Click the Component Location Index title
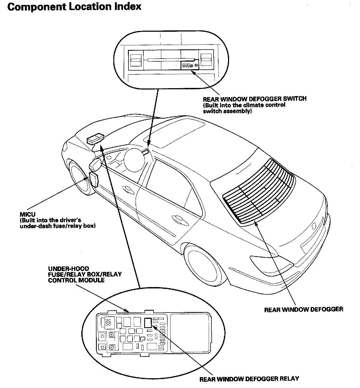click(74, 6)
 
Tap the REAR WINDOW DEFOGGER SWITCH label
click(255, 98)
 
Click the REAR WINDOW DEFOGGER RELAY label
click(249, 379)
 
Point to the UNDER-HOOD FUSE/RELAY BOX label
click(85, 274)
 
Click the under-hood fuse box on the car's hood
click(96, 139)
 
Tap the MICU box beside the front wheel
click(94, 179)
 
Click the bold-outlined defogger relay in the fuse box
click(148, 322)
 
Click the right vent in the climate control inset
click(206, 60)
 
